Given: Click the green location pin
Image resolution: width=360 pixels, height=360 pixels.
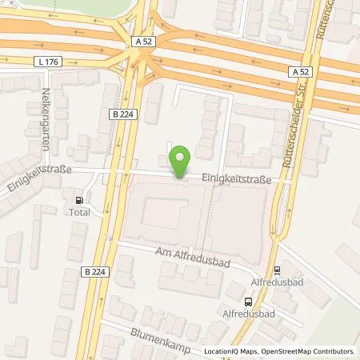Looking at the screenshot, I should [181, 161].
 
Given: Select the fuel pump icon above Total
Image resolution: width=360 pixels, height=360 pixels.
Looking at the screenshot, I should [78, 201].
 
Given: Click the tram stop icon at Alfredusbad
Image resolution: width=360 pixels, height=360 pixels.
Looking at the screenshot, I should [277, 270].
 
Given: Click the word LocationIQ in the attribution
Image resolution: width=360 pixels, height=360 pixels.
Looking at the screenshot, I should [222, 351].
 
